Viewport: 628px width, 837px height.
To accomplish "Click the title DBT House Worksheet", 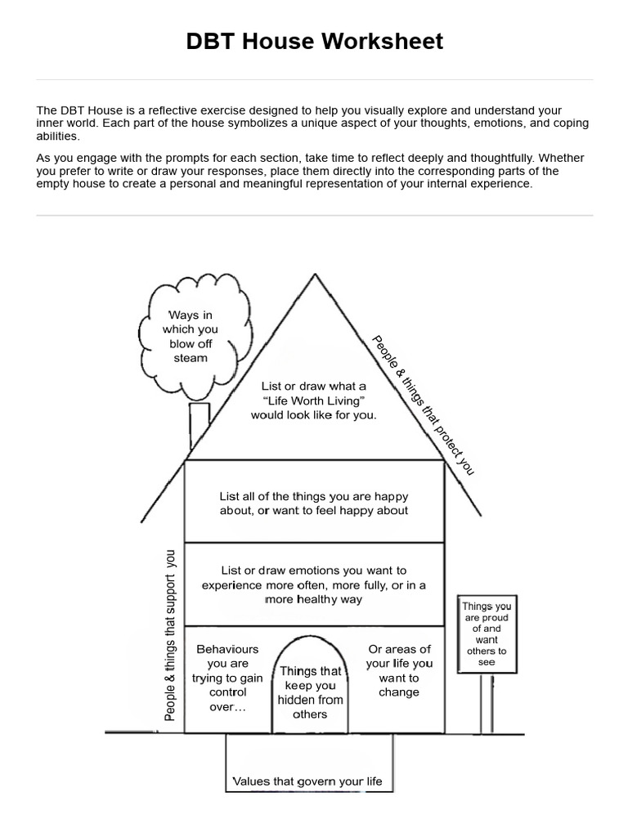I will click(314, 42).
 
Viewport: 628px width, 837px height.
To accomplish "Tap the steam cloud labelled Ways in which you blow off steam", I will click(191, 335).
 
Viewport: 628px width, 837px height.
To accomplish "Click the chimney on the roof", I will click(199, 425).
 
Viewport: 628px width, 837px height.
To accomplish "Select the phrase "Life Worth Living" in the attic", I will click(313, 401).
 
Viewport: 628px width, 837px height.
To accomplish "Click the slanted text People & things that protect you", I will click(423, 405).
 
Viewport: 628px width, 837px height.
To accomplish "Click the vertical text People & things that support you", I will click(170, 634).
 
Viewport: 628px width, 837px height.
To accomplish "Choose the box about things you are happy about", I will click(314, 503).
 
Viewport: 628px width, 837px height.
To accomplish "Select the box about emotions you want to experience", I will click(314, 584).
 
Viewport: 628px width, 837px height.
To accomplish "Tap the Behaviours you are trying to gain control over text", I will click(227, 678).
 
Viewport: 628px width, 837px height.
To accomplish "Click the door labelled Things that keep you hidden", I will click(310, 692).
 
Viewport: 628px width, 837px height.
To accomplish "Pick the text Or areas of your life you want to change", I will click(399, 670).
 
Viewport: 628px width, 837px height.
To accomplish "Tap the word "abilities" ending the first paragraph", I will click(58, 137).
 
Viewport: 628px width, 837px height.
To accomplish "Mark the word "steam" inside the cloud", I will click(191, 358).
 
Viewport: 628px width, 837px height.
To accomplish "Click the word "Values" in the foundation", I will click(251, 781).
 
